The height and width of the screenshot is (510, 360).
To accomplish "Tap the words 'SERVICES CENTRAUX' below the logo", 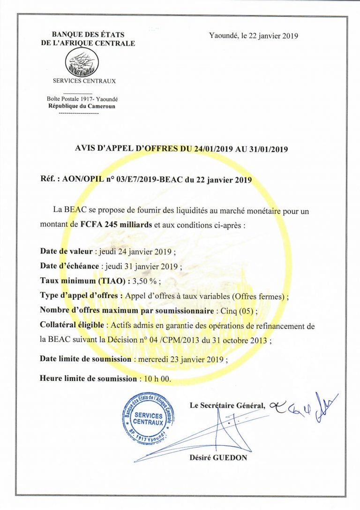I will (x=84, y=81).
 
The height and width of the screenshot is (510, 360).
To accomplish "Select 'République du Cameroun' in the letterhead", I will (x=82, y=106).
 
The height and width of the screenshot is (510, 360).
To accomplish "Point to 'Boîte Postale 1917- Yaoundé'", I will (x=82, y=99).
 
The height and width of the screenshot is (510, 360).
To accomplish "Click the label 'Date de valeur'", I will (x=66, y=251).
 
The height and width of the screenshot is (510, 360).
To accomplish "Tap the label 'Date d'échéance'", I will (x=69, y=266).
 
